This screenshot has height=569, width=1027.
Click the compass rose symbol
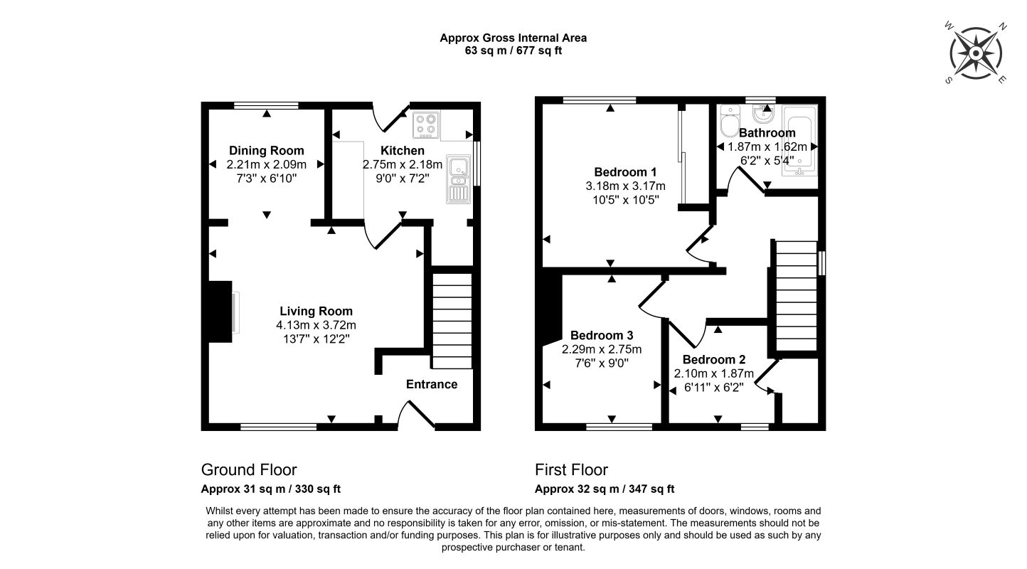[x=976, y=53]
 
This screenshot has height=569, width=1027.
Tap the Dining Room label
[x=267, y=150]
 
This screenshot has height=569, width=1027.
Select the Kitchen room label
[x=402, y=150]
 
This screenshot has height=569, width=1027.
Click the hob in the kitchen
[x=426, y=124]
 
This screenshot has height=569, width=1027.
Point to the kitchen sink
[x=459, y=179]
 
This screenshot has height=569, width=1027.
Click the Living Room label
[x=316, y=311]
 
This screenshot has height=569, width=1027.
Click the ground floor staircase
[x=452, y=321]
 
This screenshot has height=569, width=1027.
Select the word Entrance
[x=432, y=384]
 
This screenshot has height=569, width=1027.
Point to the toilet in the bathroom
[x=730, y=121]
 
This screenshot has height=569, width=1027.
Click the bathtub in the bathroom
[x=800, y=141]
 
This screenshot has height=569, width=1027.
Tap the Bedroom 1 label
[x=625, y=172]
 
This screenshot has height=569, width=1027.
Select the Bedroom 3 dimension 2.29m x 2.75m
[x=602, y=349]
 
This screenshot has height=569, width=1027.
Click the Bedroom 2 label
[x=714, y=359]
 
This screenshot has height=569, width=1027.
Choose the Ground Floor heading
[x=249, y=470]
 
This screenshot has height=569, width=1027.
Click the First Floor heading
[x=571, y=470]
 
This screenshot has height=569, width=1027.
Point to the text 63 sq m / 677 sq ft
[x=513, y=50]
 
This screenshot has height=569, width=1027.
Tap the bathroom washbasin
[x=763, y=114]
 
